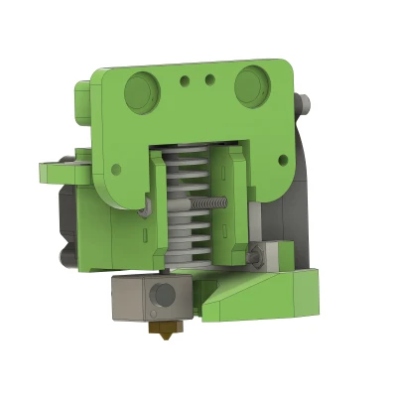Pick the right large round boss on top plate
(x=252, y=87)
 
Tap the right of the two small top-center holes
(x=208, y=79)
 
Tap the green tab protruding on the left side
(x=56, y=173)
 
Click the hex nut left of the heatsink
(x=147, y=207)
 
